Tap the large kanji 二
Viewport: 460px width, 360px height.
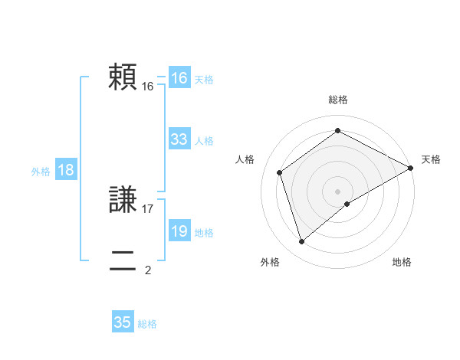coord(122,260)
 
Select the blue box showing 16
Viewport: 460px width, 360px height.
coord(179,78)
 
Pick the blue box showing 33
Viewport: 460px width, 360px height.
coord(179,139)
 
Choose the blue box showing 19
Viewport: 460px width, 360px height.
coord(179,231)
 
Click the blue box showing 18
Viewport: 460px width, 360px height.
coord(65,170)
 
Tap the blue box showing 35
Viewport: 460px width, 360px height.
coord(123,322)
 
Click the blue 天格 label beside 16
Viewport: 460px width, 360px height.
coord(204,79)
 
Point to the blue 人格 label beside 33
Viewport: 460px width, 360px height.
coord(204,140)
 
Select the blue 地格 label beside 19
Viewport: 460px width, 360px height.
coord(204,232)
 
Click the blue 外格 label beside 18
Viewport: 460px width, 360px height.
coord(41,172)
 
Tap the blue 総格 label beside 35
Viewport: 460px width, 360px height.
coord(147,324)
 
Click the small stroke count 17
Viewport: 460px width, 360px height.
coord(148,208)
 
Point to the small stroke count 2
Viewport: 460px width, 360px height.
coord(148,270)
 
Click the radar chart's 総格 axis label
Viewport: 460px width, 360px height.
coord(337,100)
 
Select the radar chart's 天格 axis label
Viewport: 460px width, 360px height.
coord(431,159)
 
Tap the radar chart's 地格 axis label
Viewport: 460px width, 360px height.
coord(402,262)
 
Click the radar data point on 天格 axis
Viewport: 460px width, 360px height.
coord(411,167)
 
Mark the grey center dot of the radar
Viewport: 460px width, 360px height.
coord(337,191)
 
